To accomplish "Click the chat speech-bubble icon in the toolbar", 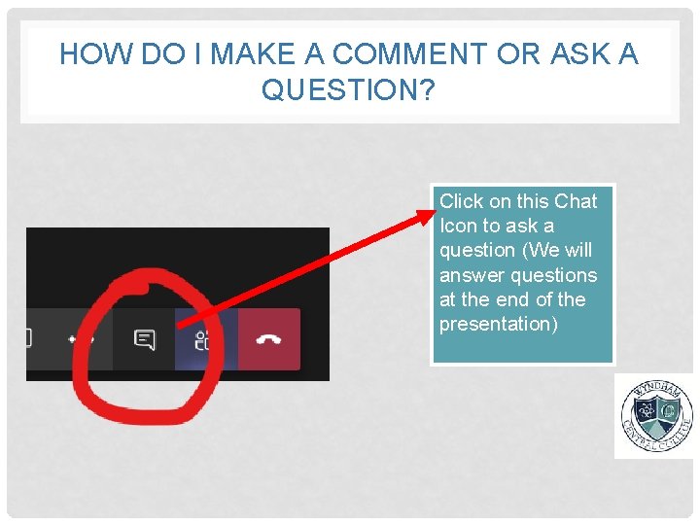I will [144, 340].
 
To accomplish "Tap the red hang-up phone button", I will [269, 339].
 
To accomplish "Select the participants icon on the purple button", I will [203, 340].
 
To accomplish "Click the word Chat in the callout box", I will [576, 201].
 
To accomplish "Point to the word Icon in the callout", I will [458, 226].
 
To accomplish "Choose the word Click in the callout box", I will [461, 201].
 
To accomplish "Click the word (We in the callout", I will [541, 251].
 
